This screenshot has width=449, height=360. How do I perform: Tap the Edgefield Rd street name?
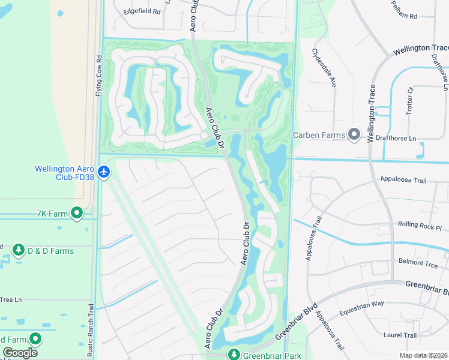coord(142,11)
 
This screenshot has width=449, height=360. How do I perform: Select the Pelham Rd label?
coord(404,14)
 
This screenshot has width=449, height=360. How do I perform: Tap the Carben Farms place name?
coord(319,135)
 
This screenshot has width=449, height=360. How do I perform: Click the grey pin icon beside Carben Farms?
coord(354,134)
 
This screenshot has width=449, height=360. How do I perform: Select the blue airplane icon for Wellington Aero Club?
coord(104,173)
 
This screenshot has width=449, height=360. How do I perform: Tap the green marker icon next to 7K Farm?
coord(76,213)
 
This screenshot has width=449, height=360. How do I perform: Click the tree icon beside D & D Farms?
coord(18,250)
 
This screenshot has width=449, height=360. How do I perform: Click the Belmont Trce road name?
coord(419,262)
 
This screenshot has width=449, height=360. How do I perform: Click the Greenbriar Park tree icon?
coord(234,355)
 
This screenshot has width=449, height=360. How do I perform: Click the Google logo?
coord(20,353)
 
